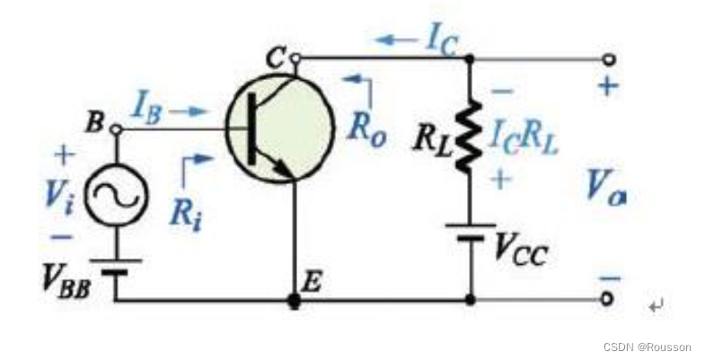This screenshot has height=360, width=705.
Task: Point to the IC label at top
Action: pyautogui.click(x=440, y=40)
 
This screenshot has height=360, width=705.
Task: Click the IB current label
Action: pyautogui.click(x=147, y=111)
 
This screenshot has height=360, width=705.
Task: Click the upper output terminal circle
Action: pyautogui.click(x=610, y=59)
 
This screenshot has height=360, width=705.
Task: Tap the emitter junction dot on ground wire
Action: pyautogui.click(x=294, y=301)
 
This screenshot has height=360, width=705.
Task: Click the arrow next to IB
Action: pyautogui.click(x=191, y=113)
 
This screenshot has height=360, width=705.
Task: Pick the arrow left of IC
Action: pyautogui.click(x=392, y=40)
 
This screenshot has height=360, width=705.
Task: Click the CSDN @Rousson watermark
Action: pyautogui.click(x=648, y=347)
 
